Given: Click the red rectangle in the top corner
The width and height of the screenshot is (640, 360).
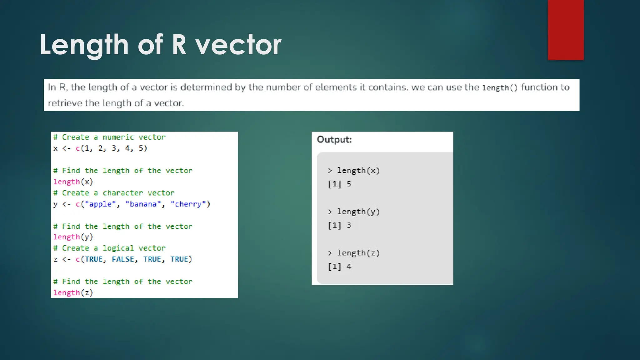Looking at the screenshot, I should (566, 30).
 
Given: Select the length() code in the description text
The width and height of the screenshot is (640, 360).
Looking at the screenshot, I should (500, 88).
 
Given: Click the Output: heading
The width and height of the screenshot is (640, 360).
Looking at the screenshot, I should (334, 139).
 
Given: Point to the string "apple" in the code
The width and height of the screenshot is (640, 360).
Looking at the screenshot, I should (100, 204).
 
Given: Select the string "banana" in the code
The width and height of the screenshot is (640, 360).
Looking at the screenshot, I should (143, 204).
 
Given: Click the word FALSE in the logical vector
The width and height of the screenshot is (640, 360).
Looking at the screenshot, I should (123, 259).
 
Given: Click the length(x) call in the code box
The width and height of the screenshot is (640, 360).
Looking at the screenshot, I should (73, 182).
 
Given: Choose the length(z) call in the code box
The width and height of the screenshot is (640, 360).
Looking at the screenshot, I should (73, 293).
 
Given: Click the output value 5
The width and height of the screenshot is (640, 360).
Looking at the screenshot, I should (349, 184).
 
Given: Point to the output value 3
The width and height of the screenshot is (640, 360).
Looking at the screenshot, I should (349, 225).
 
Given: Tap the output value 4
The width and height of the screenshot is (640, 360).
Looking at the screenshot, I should (349, 267).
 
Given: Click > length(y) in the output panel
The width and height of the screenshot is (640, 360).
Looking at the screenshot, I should (354, 212).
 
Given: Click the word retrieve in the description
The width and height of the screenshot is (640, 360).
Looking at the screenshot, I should (65, 103).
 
